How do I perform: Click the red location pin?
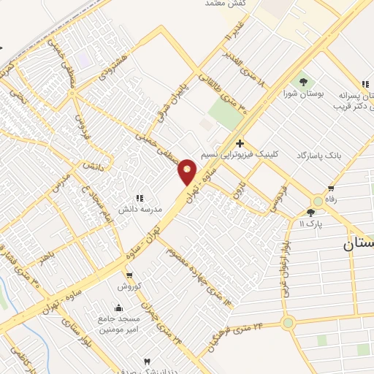pos(188,171)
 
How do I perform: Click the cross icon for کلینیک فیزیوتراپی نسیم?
pos(240,144)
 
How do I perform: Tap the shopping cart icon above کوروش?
pos(129,275)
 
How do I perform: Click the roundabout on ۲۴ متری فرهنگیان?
pos(288,322)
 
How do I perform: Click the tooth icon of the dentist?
pos(147,362)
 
